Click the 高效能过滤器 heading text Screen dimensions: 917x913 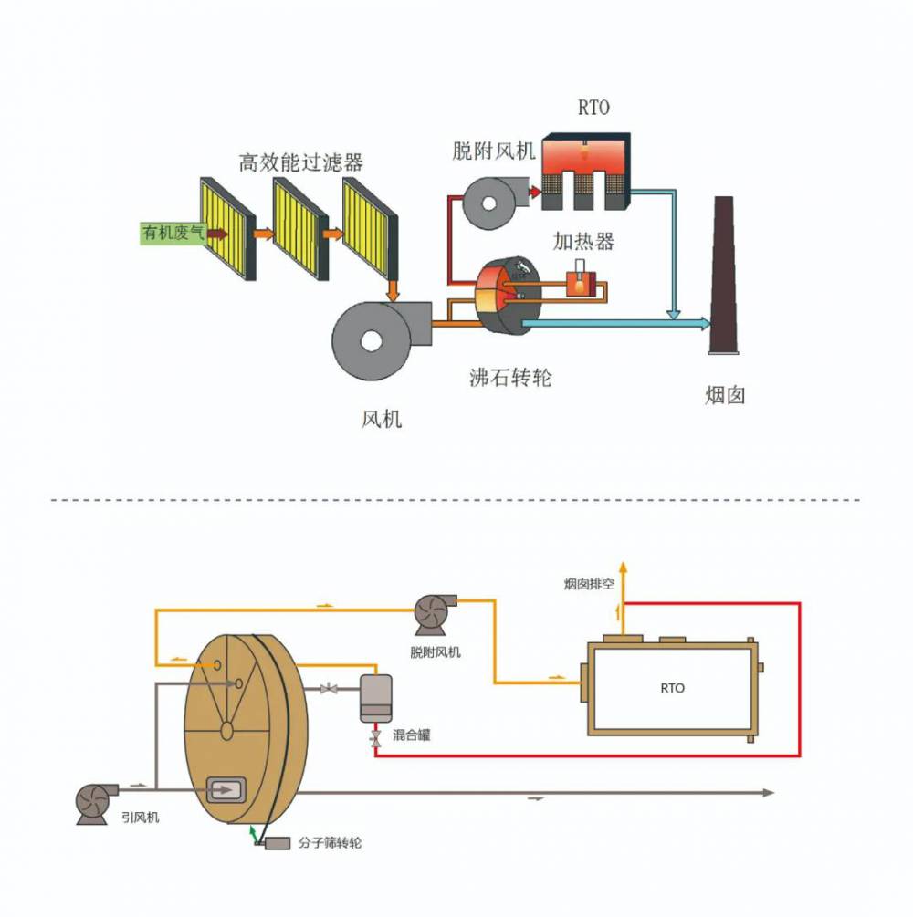pos(300,162)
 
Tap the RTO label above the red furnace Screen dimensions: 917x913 pos(593,109)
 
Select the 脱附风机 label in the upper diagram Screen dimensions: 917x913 pos(493,151)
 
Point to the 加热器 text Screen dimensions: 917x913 pos(583,241)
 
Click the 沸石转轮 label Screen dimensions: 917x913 pos(510,377)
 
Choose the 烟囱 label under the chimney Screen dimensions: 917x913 pos(726,396)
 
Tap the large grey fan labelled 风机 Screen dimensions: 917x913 pos(372,339)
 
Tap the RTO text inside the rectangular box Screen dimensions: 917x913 pos(672,688)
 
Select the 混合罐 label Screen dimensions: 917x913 pos(412,735)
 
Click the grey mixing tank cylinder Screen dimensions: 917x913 pos(375,698)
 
